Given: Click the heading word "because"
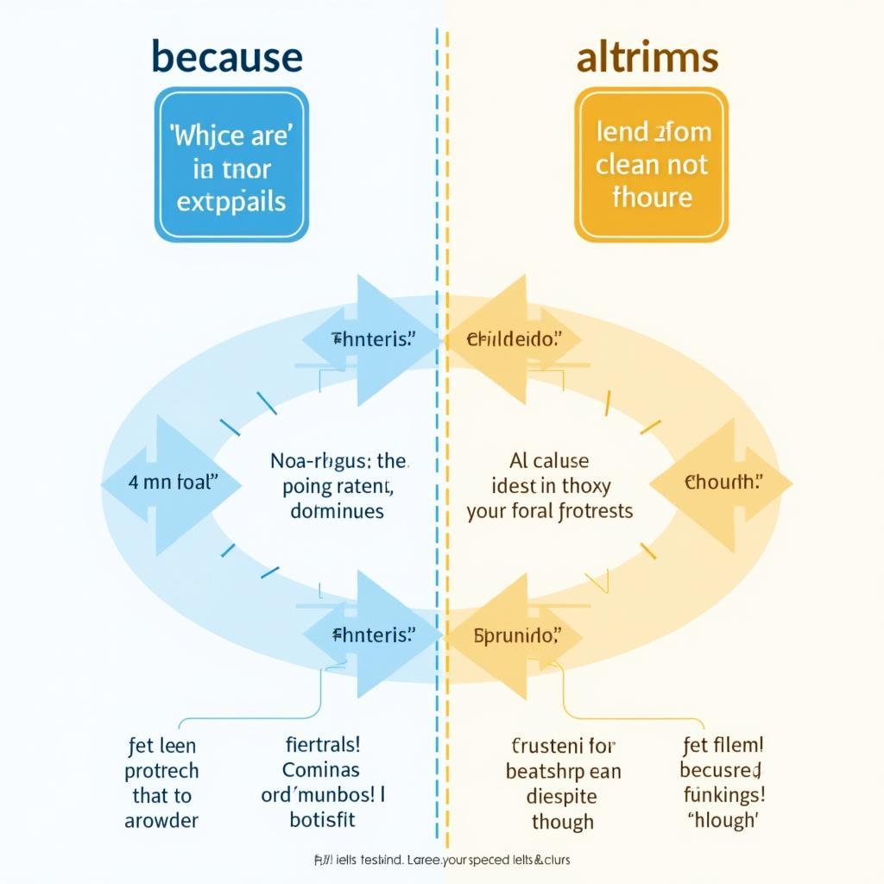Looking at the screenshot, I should pos(227,57).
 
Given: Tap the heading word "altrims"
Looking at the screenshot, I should pos(647,57).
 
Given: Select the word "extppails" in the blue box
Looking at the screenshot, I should pos(231,201).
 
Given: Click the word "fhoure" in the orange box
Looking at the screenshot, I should pos(652,198).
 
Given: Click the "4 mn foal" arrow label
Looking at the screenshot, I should pos(170,483).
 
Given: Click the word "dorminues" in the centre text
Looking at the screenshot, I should pos(338,510).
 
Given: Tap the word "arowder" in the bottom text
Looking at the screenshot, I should pos(162,820).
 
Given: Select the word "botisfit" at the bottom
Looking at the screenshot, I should pos(323,819).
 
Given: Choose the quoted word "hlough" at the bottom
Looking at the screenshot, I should pos(724,821).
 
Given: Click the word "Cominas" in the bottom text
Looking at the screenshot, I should pos(321,769).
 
